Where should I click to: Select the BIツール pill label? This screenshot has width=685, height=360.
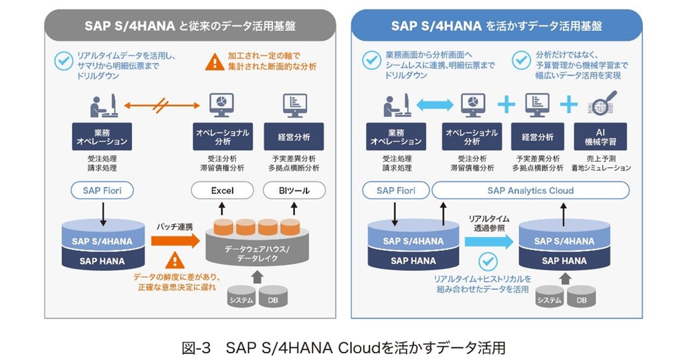coord(295,191)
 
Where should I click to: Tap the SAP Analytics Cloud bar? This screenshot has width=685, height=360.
coord(530,191)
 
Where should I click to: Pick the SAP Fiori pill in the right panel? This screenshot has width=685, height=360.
coord(396,191)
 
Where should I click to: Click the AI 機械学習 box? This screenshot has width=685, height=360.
coord(600,137)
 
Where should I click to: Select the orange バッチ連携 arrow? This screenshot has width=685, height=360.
coord(175,240)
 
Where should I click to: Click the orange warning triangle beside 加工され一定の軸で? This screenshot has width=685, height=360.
coord(214,62)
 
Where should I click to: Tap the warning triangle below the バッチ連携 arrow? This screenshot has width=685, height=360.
coord(175,260)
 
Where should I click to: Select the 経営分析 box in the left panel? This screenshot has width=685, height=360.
coord(294,137)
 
